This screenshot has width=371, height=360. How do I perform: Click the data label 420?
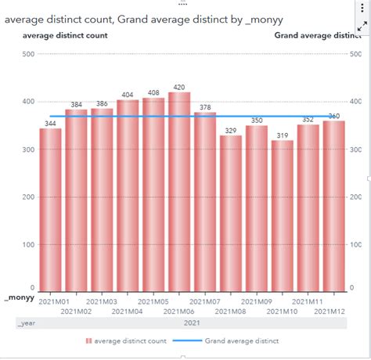tap(179, 88)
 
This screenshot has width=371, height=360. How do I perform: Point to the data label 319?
tap(283, 135)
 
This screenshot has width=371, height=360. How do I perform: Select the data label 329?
tap(231, 131)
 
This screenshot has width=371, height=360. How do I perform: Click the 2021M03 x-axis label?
tap(102, 301)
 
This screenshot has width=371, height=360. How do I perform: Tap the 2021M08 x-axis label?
tap(231, 311)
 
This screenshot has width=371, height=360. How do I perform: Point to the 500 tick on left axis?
tap(27, 54)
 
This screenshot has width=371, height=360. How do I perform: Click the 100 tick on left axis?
tap(27, 244)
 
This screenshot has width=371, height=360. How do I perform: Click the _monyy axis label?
tap(17, 298)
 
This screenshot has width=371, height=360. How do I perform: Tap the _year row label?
tap(27, 322)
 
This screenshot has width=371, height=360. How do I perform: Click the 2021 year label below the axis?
tap(192, 322)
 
